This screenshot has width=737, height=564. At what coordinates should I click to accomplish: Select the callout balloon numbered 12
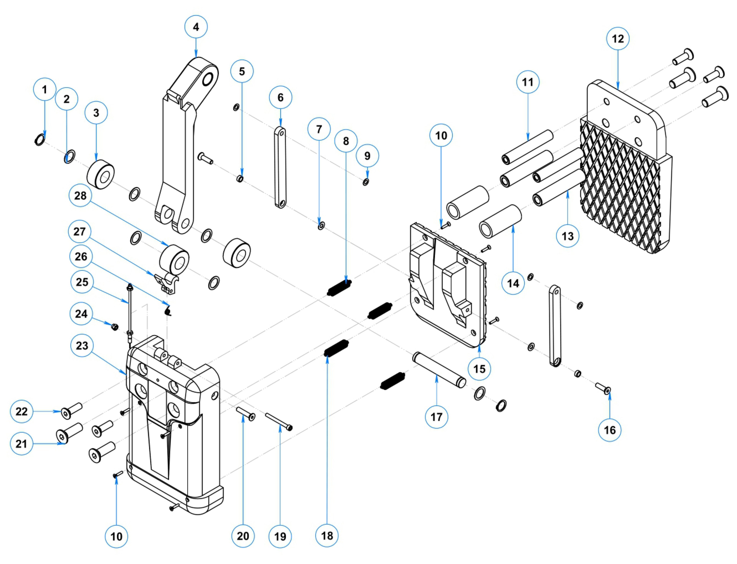tap(617, 39)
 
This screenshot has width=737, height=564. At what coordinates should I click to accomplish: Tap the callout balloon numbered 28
tap(80, 196)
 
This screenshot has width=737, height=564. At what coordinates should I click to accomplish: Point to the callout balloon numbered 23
tap(82, 345)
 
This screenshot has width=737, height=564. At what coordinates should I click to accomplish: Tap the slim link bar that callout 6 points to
tap(280, 167)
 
